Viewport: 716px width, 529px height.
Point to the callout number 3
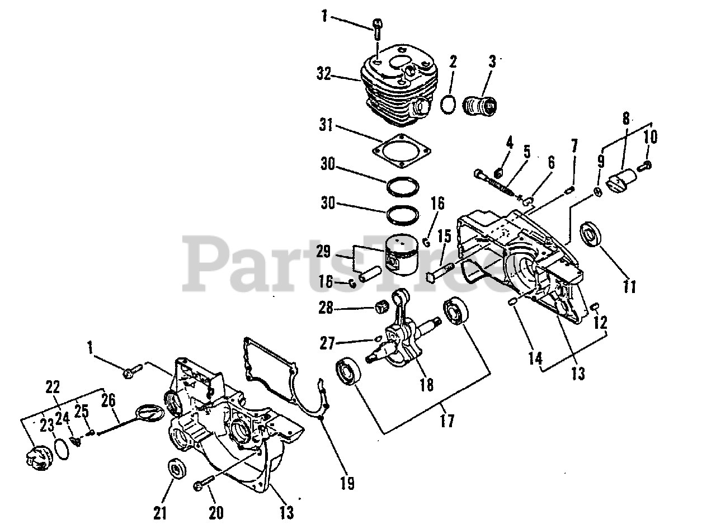tap(492, 62)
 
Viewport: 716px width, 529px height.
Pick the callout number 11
tap(630, 287)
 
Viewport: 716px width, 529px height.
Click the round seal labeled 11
tap(591, 234)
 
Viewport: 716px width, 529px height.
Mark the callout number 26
tap(109, 400)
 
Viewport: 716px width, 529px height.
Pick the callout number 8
tap(625, 119)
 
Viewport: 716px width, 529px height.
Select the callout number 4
tap(509, 141)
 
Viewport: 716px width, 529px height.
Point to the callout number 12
tap(600, 323)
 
